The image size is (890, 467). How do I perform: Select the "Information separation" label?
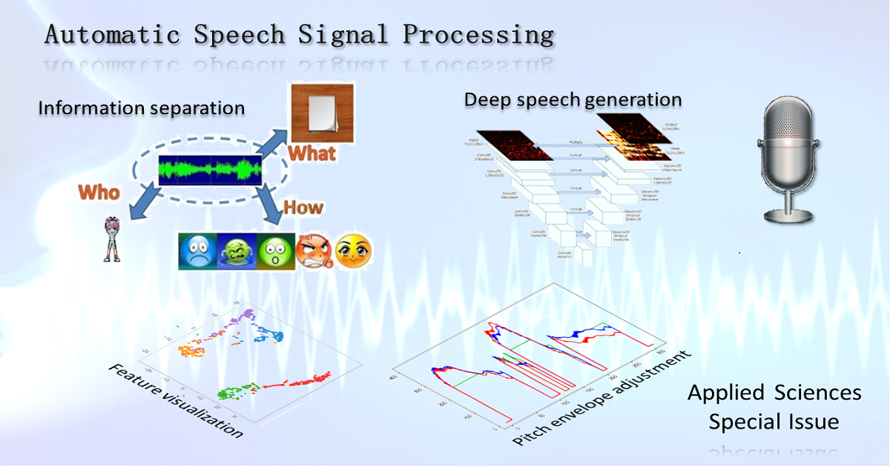tap(141, 108)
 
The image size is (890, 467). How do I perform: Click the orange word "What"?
tap(311, 153)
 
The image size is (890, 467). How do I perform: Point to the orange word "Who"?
tap(99, 193)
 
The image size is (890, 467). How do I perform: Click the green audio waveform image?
tap(210, 170)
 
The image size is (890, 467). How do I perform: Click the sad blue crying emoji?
tap(198, 251)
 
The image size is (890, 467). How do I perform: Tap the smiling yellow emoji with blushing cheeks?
tap(353, 252)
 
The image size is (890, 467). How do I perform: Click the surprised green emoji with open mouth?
tap(275, 251)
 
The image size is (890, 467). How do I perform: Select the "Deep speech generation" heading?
tap(573, 99)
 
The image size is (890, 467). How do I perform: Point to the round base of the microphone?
tap(793, 214)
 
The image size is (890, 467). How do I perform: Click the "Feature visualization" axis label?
tap(176, 401)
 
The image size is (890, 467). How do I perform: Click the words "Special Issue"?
tap(774, 422)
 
